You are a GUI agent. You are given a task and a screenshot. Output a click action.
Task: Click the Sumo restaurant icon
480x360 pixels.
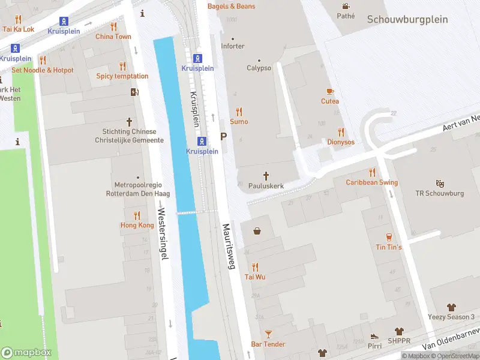[x=239, y=111]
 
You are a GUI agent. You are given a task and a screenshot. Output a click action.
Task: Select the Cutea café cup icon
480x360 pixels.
[x=329, y=91]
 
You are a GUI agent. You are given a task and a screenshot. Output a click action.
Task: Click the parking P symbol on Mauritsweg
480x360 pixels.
[x=224, y=137]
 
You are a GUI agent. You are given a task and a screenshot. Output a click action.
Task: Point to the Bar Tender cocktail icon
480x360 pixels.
[x=268, y=334]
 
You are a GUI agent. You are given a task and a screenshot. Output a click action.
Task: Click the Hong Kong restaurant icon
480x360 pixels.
[x=137, y=215]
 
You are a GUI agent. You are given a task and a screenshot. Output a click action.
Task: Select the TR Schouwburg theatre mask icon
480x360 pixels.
[x=440, y=183]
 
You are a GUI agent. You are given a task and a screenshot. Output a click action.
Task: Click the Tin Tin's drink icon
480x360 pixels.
[x=389, y=236]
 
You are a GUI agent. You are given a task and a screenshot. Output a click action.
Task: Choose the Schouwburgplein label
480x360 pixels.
[x=407, y=19]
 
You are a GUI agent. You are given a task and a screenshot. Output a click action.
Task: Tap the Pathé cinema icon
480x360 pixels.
[x=345, y=6]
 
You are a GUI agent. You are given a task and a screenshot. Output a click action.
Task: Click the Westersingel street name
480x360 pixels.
[x=161, y=233]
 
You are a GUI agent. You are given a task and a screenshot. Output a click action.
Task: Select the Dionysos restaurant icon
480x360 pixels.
[x=341, y=132]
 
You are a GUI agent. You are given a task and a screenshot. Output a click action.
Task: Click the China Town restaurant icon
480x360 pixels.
[x=113, y=26]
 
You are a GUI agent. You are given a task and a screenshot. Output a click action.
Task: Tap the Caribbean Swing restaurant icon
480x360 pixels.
[x=372, y=172]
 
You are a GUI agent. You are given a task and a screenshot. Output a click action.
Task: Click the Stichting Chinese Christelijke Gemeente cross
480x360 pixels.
[x=129, y=121]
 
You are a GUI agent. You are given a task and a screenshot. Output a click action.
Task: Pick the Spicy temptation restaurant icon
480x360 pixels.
[x=122, y=66]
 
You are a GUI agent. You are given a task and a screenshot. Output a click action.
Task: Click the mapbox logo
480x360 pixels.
[x=26, y=352]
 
